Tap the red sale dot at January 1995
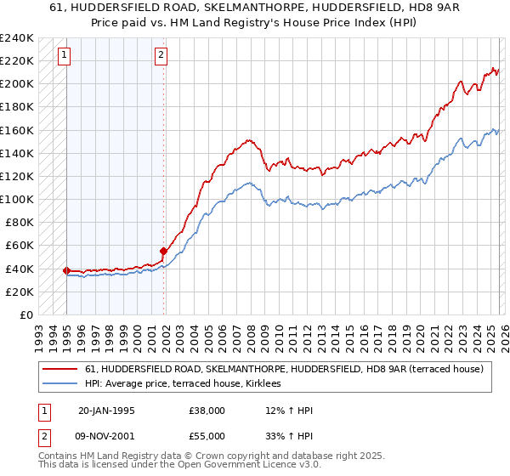tap(67, 270)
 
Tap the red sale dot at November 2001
tap(163, 251)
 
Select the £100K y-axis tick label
tap(17, 199)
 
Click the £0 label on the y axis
tap(25, 314)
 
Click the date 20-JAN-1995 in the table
tap(107, 411)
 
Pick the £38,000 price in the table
tap(207, 411)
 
